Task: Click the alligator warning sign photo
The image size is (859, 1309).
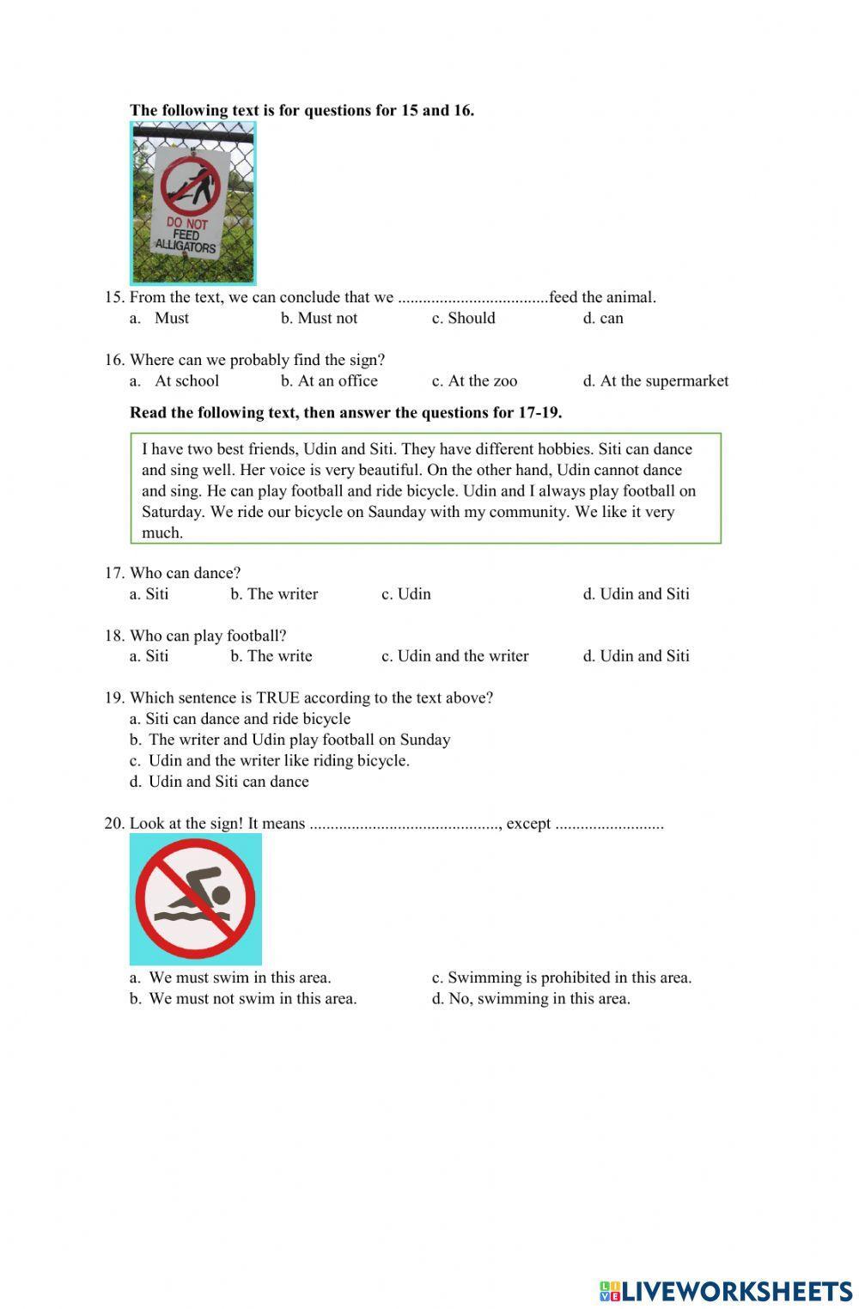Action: pos(192,203)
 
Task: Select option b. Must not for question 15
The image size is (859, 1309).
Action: pos(319,318)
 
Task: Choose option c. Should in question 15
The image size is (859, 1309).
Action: pos(463,318)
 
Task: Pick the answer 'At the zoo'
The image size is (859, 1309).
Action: pos(474,381)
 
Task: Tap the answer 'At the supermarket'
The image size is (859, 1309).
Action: pos(655,381)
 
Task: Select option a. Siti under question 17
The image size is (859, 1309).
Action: pos(149,594)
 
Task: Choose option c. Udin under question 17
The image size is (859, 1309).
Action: pos(406,594)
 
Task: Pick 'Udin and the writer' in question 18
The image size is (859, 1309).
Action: pos(455,656)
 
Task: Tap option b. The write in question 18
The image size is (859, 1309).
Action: pos(271,656)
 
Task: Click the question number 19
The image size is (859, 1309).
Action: pos(114,697)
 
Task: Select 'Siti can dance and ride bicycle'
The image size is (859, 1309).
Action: pos(241,719)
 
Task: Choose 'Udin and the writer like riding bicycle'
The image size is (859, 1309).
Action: pos(271,760)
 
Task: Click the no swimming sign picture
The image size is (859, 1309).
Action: pos(195,899)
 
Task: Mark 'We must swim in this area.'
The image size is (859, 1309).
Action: pos(231,977)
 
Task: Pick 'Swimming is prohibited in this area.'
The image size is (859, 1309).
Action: pos(562,977)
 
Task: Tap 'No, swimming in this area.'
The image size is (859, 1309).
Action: pos(531,998)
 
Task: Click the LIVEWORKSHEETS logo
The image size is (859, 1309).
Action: pos(726,1291)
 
